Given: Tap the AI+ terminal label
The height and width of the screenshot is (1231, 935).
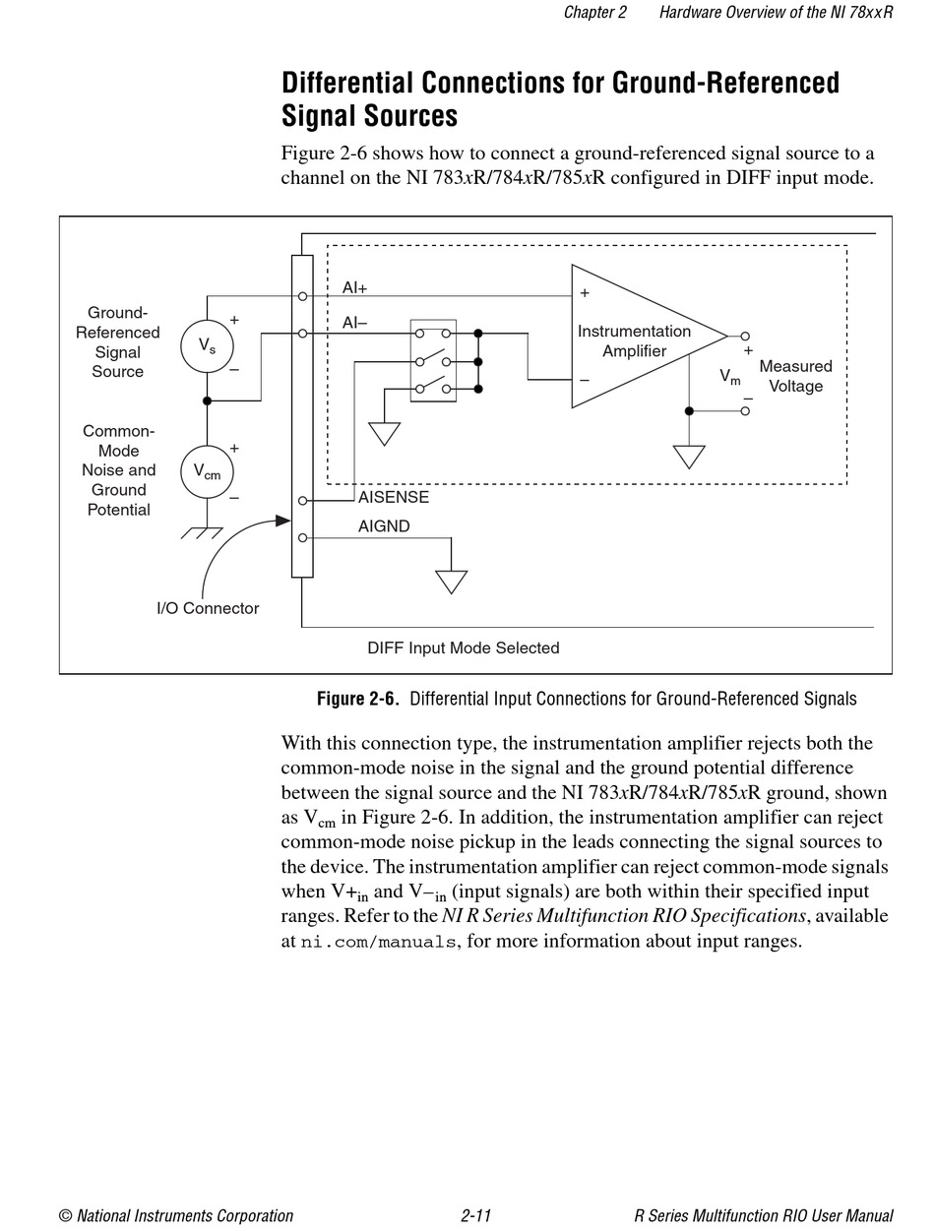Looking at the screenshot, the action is click(354, 287).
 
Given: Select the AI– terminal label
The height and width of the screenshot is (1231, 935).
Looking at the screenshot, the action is click(354, 323).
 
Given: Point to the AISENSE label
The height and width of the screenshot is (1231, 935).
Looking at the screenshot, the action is click(393, 497).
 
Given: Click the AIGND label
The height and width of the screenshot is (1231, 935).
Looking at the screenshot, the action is click(384, 526).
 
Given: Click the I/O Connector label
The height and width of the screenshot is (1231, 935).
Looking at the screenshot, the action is click(208, 608).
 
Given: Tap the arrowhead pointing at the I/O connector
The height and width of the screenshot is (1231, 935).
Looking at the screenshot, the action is click(283, 521).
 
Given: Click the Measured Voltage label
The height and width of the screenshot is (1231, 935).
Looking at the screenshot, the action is click(795, 376).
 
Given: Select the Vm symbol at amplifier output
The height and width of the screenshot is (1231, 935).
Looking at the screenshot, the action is click(729, 376).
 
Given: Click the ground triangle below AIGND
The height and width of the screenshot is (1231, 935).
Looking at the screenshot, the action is click(451, 582).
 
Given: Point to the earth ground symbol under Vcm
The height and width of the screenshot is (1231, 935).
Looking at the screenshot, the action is click(202, 532).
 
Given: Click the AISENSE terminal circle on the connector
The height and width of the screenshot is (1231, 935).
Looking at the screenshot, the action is click(302, 500).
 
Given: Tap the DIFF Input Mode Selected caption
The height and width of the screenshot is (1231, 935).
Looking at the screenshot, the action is click(464, 647).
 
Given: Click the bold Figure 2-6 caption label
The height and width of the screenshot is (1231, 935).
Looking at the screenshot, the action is click(357, 699).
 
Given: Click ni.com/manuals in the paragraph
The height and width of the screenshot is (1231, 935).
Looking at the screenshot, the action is click(378, 941).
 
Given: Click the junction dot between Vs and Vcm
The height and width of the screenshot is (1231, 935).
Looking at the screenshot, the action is click(207, 400).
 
